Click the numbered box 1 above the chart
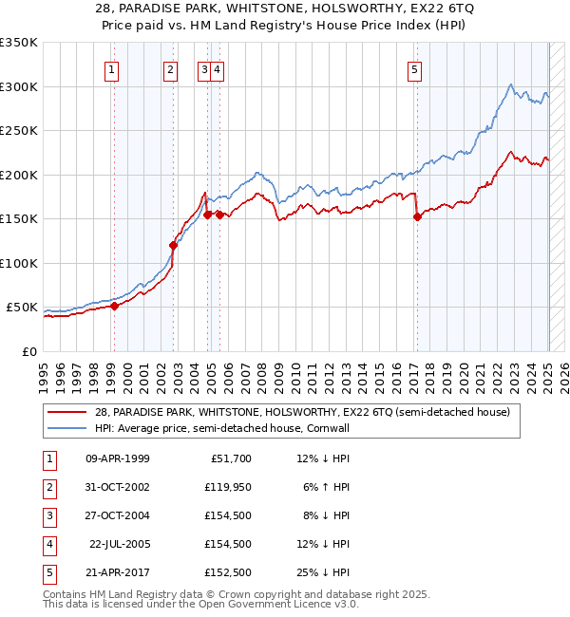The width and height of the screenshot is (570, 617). point(112,68)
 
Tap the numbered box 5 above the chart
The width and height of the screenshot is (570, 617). point(416,68)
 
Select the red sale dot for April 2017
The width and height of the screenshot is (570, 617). point(417,216)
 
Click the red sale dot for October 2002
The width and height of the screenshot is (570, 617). point(173,245)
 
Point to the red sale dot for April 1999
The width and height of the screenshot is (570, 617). point(114,306)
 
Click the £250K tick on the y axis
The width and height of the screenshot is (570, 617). point(21,131)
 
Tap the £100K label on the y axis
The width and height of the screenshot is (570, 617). point(21,263)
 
